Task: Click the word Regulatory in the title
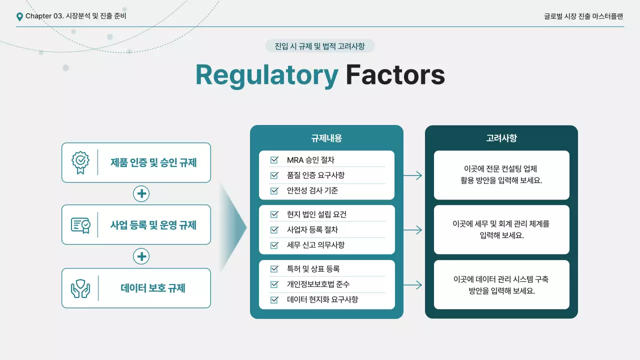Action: click(266, 75)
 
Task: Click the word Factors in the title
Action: click(395, 75)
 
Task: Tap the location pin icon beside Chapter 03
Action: click(19, 16)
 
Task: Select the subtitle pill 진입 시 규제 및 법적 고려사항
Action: click(319, 46)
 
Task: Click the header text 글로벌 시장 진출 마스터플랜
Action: click(583, 16)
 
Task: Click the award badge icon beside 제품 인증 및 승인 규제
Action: click(80, 162)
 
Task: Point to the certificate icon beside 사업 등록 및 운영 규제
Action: click(80, 225)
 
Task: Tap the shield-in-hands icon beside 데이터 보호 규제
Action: click(80, 288)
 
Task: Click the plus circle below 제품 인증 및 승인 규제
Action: click(141, 193)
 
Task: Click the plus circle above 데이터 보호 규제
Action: click(141, 256)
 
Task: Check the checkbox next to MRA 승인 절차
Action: click(274, 160)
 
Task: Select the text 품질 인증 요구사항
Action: click(315, 175)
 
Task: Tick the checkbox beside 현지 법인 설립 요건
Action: click(274, 214)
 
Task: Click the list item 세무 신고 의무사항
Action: click(315, 245)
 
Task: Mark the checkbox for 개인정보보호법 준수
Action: click(274, 284)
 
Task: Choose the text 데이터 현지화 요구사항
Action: click(322, 299)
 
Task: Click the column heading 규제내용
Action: click(326, 138)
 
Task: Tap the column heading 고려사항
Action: click(501, 138)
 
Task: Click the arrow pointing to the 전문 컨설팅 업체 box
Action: click(412, 175)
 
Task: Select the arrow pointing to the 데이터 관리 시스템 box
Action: click(412, 285)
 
